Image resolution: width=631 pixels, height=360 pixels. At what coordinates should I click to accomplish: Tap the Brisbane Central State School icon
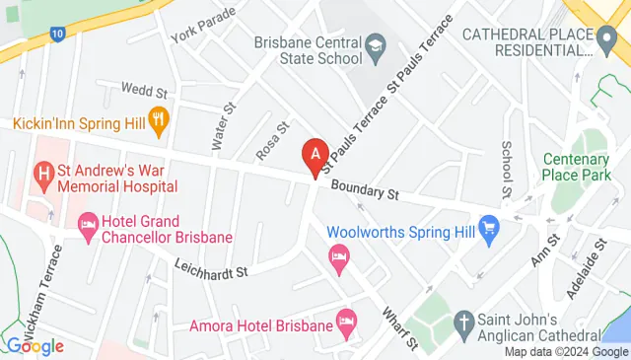[376, 45]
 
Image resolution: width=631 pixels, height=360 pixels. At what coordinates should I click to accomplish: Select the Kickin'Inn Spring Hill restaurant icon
[160, 122]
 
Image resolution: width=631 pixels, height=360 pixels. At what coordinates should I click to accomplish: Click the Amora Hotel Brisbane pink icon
[345, 322]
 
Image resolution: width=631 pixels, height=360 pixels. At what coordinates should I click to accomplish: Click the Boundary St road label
[364, 188]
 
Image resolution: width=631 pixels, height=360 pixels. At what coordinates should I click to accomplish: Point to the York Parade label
[203, 23]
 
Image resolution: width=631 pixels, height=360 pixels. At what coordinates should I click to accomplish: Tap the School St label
[507, 167]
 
